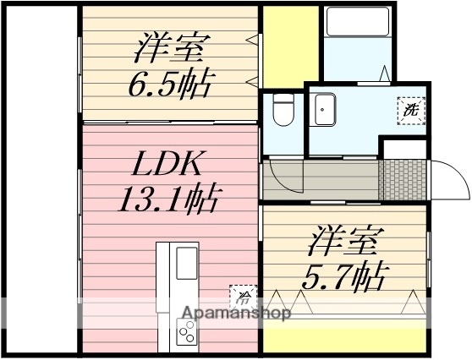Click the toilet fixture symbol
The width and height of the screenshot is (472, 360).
click(x=283, y=109)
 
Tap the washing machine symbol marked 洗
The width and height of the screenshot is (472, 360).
click(x=410, y=109)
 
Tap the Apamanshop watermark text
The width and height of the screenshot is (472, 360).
click(x=235, y=314)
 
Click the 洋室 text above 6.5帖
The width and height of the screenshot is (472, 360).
click(x=168, y=47)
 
